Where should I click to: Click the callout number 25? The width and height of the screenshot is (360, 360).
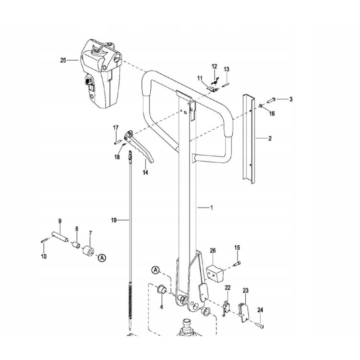point(63,60)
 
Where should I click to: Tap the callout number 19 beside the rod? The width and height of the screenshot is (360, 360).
point(114,220)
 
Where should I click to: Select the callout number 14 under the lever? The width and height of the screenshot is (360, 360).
point(145,172)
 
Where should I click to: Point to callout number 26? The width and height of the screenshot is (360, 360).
point(213,251)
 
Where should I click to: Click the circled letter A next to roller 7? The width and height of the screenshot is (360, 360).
point(102,258)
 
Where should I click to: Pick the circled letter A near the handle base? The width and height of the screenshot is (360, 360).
point(156,270)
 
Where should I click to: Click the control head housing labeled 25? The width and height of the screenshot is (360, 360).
point(101,73)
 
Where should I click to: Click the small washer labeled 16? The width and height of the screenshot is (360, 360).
point(261,106)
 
